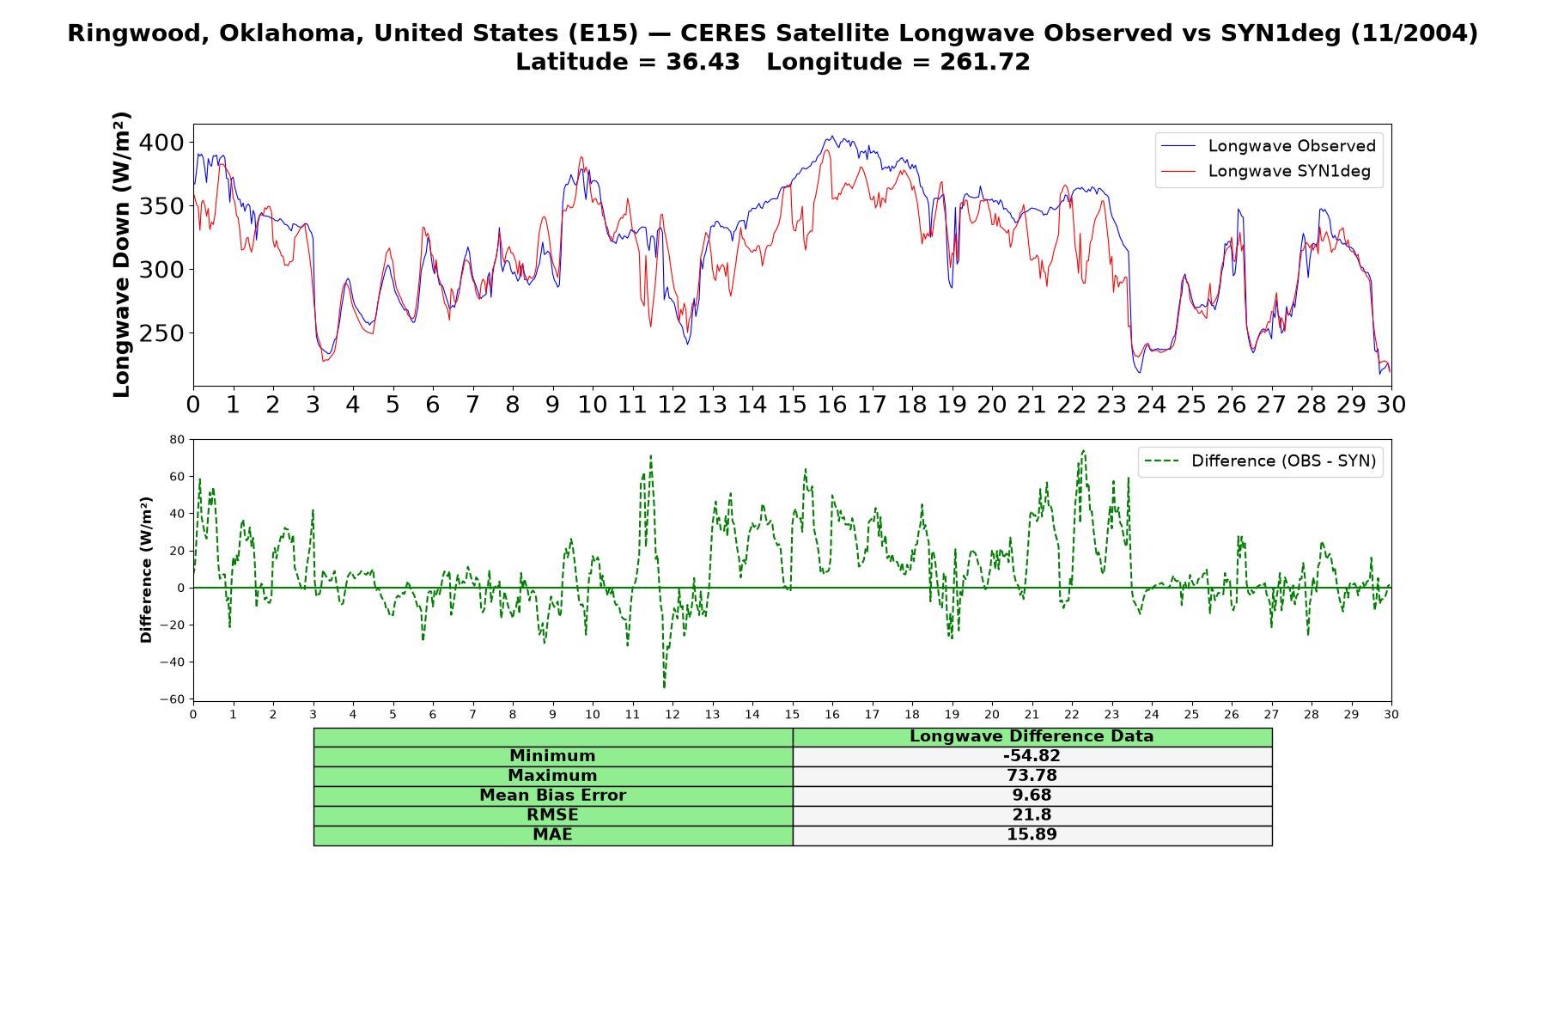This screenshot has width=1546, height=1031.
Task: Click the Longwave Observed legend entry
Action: (x=1268, y=146)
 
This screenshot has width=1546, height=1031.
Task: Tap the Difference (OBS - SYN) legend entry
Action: (x=1260, y=461)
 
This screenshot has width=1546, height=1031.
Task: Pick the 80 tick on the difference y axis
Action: (x=178, y=440)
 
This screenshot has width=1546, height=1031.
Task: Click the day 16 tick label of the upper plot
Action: (x=831, y=405)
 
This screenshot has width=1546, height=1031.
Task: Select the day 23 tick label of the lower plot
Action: (x=1111, y=714)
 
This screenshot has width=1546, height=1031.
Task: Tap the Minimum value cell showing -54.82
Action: (x=1032, y=756)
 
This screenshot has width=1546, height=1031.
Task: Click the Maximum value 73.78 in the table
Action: (x=1032, y=776)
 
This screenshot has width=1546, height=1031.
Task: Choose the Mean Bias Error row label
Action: (x=552, y=796)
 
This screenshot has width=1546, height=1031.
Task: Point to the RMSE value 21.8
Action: (x=1032, y=815)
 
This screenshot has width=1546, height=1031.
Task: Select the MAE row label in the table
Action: (x=552, y=835)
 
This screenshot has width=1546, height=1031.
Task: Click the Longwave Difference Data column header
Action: (x=1032, y=736)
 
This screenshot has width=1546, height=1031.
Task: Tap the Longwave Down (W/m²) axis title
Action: (x=121, y=254)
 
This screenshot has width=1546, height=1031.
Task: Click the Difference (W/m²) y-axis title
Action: (x=146, y=570)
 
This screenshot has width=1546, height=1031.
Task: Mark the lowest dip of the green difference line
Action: (x=664, y=687)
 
